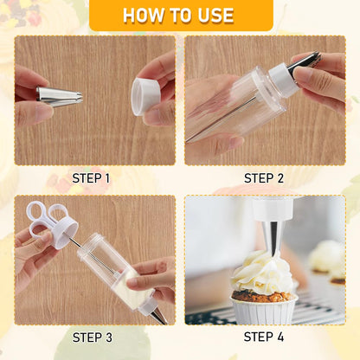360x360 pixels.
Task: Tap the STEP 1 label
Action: (x=91, y=178)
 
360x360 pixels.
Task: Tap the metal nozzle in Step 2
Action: (x=305, y=62)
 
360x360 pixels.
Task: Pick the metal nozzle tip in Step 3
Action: (x=157, y=316)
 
